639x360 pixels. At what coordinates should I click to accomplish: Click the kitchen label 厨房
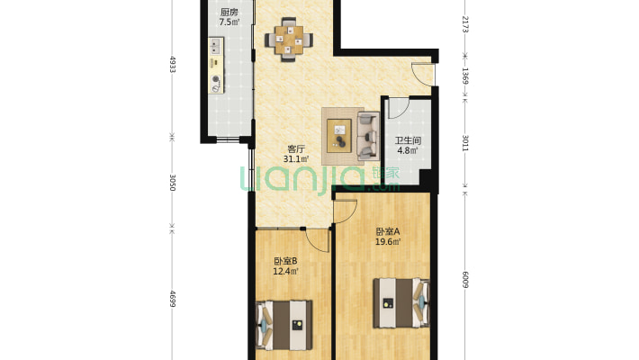coord(229,13)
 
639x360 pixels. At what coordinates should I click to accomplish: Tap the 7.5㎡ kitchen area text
coord(229,22)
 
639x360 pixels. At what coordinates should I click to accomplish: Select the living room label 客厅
coord(296,149)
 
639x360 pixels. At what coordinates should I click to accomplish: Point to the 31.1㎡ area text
coord(296,159)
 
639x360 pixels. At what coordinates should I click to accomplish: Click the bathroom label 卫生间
coord(408,141)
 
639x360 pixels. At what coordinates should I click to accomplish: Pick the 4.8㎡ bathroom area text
coord(408,150)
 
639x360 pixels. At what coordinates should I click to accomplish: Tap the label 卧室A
coord(388,232)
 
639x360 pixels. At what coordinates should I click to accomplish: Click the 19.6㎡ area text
coord(388,242)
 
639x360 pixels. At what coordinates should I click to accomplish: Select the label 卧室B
coord(285,261)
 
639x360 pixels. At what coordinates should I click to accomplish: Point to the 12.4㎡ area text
coord(285,271)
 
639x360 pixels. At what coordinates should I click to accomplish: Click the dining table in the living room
coord(289,40)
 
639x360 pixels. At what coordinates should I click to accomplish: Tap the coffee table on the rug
coord(339,136)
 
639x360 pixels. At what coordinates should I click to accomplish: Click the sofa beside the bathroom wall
coord(368,136)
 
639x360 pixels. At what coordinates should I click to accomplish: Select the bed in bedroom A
coord(401,303)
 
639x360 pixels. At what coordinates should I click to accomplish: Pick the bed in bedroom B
coord(284,325)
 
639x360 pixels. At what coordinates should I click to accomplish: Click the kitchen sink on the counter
coord(216,47)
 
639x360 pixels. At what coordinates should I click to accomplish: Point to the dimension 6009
coord(465,279)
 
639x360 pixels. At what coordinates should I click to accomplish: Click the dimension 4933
coord(173,65)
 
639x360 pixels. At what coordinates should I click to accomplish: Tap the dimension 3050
coord(173,183)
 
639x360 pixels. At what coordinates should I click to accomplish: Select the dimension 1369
coord(465,76)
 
